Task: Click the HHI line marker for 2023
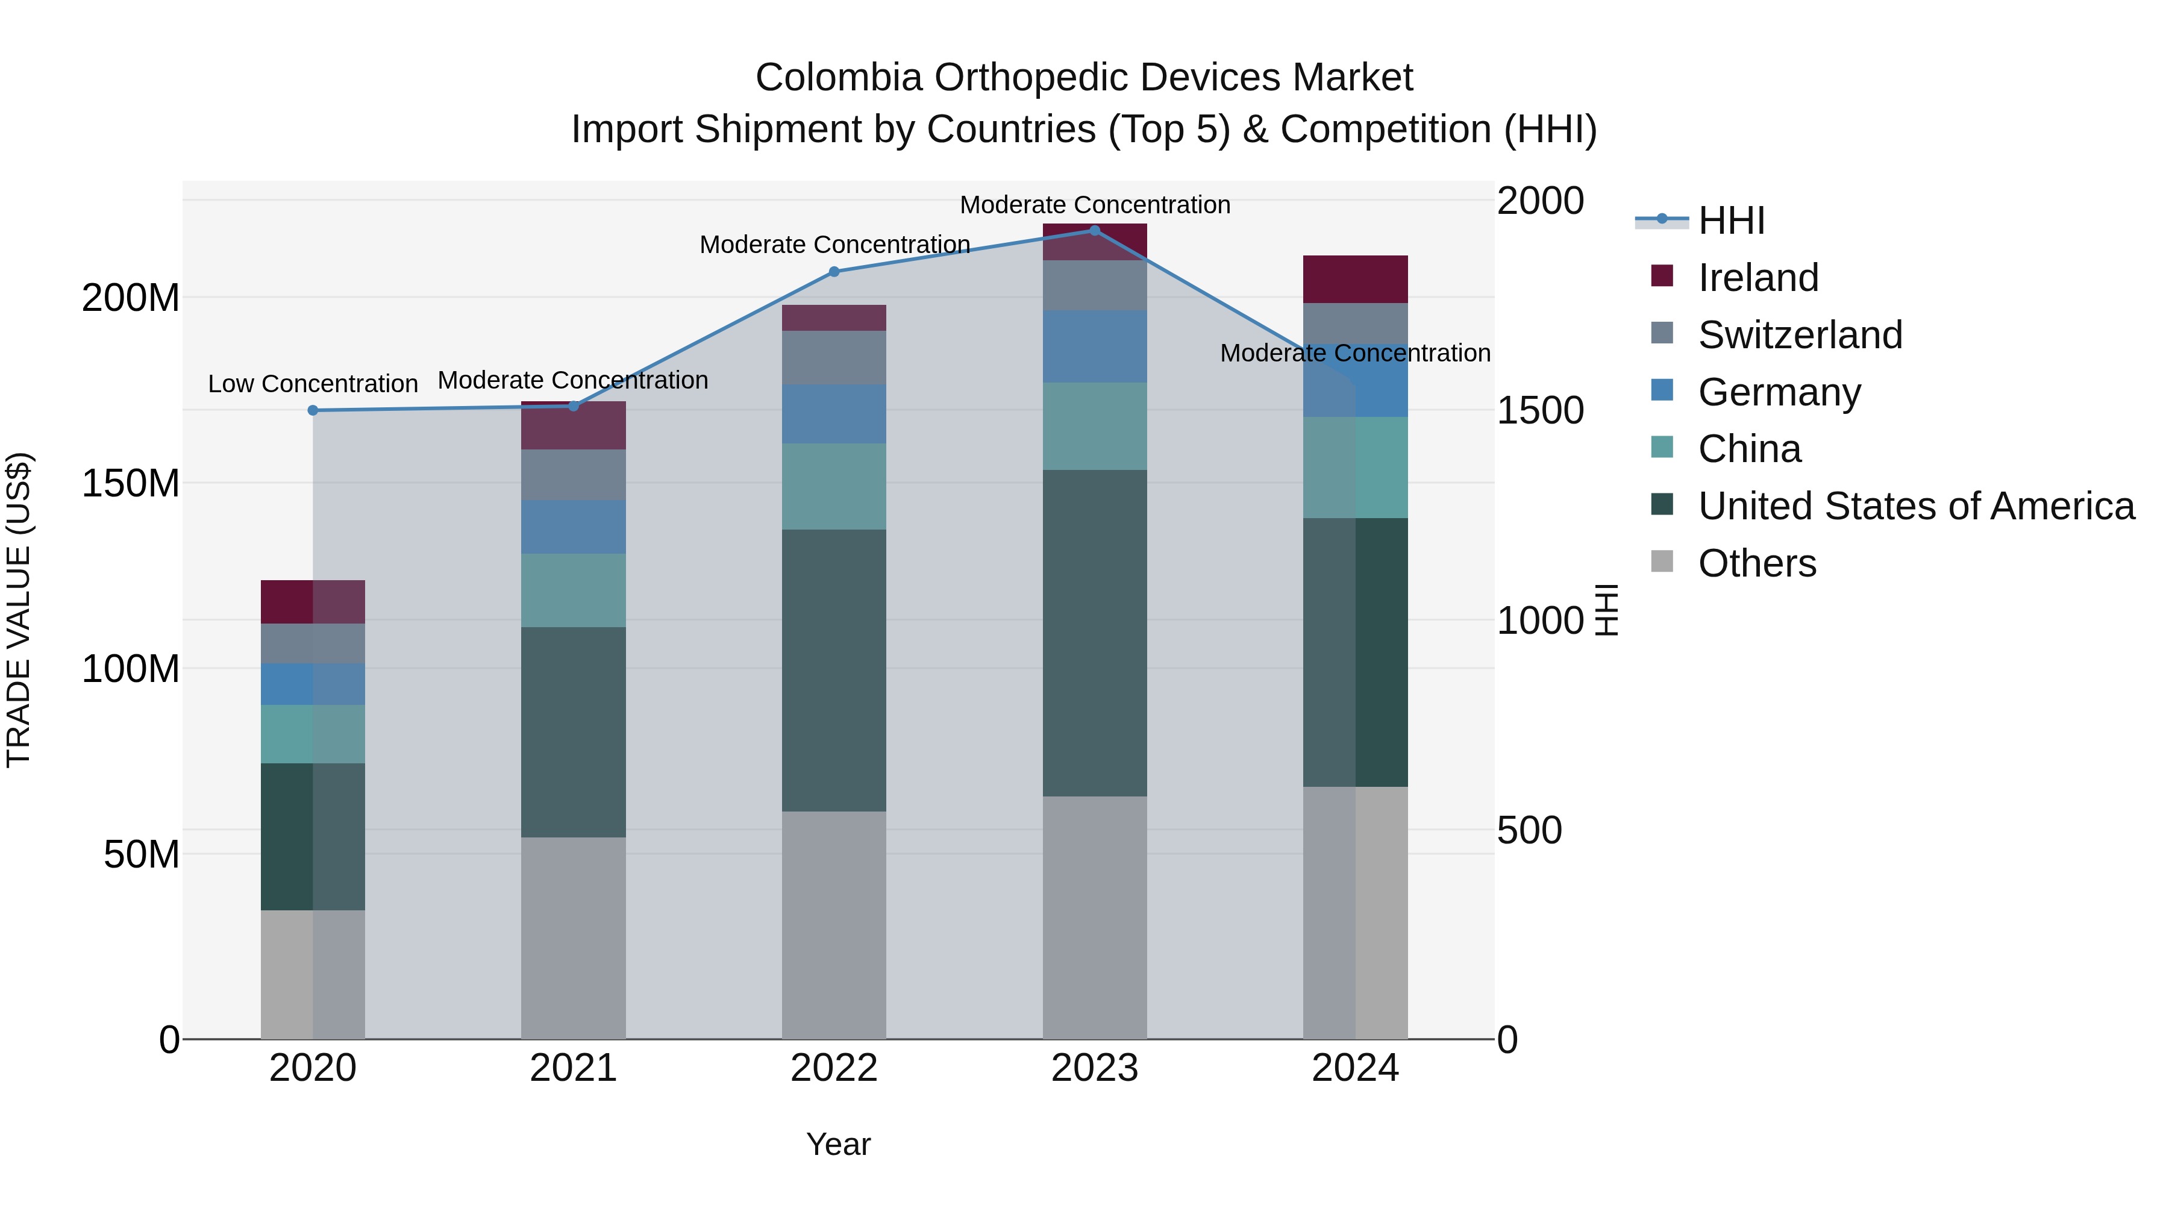1095,230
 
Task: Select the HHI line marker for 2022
834,271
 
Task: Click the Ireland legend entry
1758,278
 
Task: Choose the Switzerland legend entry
1799,335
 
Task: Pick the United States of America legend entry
1915,506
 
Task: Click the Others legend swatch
1662,562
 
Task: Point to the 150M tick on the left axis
131,483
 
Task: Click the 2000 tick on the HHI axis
1540,201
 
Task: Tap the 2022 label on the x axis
834,1068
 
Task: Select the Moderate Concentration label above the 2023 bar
1095,205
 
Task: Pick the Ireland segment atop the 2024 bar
1355,279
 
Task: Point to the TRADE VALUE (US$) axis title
19,610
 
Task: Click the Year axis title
838,1144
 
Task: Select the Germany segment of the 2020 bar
312,684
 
